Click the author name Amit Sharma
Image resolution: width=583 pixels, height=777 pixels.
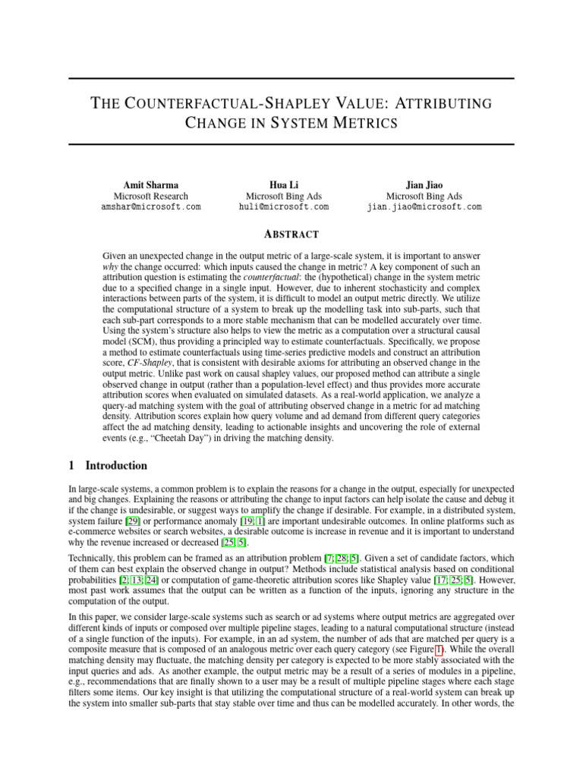point(151,185)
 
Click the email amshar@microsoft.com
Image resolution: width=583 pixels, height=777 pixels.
point(151,206)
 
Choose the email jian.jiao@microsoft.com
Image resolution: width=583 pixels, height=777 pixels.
point(424,206)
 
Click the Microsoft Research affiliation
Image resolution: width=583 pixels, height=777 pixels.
point(151,196)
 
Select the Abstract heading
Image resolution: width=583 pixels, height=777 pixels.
point(291,234)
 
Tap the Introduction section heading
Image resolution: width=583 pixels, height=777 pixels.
point(116,465)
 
